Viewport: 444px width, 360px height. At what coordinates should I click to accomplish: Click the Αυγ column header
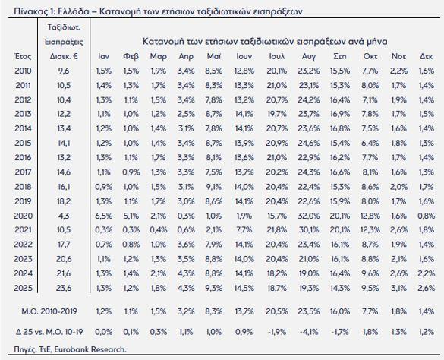(308, 57)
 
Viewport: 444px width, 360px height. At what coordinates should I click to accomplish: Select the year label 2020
(24, 216)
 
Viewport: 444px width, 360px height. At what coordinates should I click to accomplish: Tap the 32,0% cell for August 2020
(308, 216)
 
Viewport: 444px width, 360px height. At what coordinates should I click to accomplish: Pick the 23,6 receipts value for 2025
(64, 288)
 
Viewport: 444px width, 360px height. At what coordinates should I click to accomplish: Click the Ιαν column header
(104, 56)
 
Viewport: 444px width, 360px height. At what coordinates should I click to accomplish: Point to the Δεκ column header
(426, 56)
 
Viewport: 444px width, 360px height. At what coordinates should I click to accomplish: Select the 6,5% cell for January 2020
(104, 216)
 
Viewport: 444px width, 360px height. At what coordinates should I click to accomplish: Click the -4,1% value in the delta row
(308, 332)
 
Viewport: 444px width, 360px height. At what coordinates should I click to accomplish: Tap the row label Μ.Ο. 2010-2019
(49, 311)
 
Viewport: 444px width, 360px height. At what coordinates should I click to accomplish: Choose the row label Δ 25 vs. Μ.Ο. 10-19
(49, 332)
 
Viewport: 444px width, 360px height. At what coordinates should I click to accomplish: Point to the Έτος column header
(23, 56)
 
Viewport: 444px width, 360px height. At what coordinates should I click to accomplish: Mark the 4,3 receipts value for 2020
(64, 216)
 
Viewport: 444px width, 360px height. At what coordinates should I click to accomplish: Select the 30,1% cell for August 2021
(308, 230)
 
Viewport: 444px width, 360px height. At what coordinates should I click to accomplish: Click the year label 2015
(24, 143)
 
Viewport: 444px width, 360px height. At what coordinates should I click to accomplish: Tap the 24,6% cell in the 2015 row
(308, 143)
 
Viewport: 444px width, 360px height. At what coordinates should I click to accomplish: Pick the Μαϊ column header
(214, 56)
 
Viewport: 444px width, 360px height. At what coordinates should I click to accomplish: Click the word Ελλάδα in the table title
(74, 11)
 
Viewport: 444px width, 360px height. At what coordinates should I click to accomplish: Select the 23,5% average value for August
(308, 311)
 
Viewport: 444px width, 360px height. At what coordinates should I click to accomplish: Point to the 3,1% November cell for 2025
(398, 288)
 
